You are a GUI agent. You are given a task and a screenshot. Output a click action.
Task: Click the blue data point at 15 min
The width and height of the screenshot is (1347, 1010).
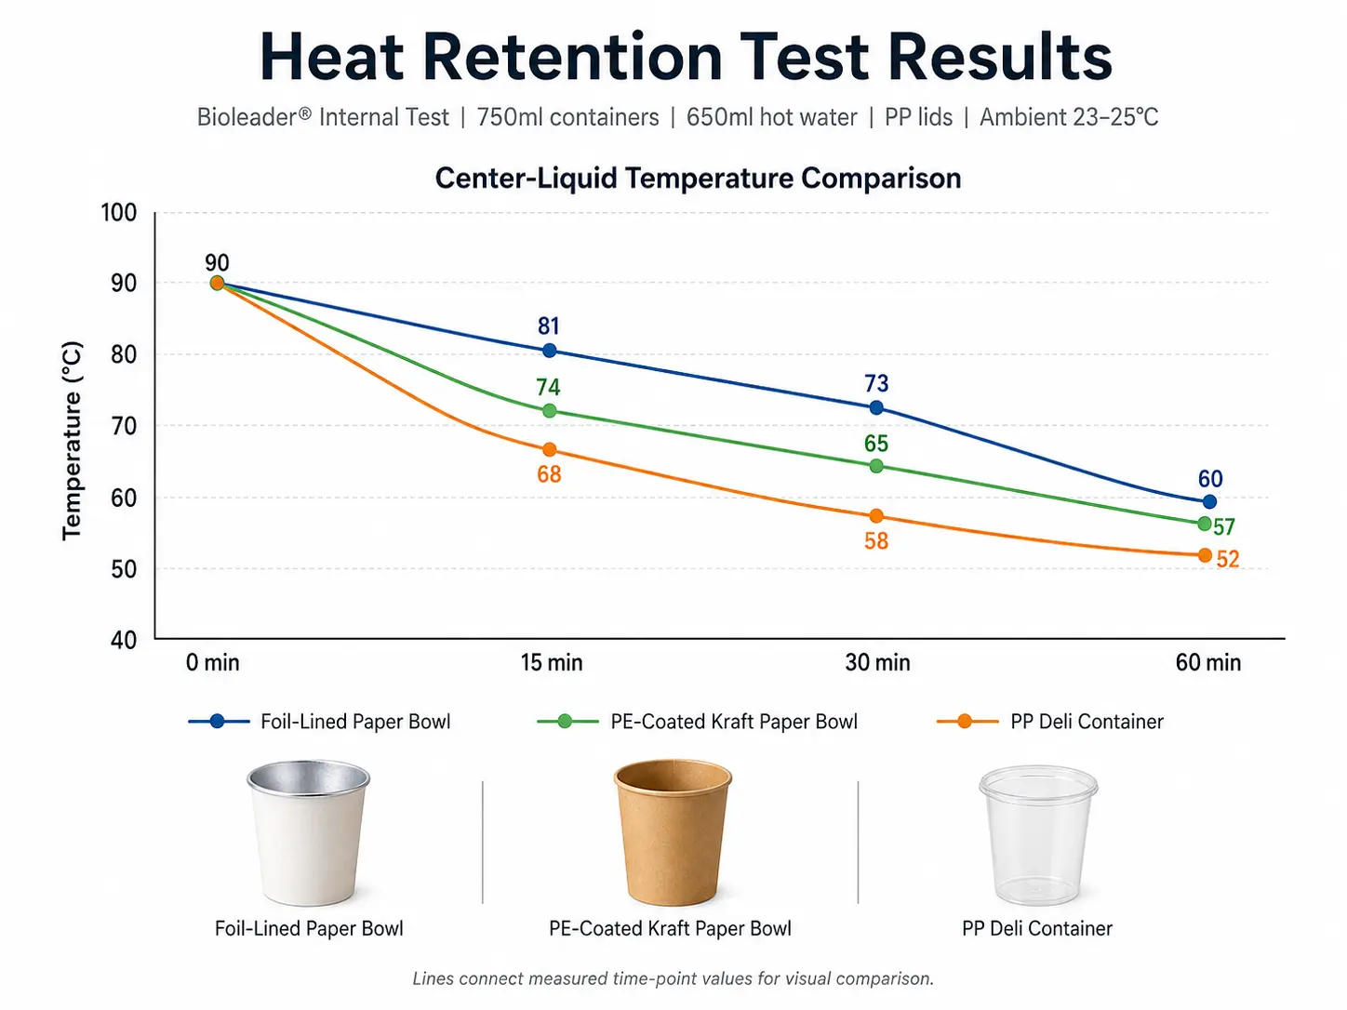549,351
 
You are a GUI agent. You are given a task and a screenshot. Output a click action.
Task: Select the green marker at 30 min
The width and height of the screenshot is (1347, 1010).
876,466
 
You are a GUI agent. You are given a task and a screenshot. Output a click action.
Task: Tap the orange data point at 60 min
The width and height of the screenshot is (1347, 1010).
1204,555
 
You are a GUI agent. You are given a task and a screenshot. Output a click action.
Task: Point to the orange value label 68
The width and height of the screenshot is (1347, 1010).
549,474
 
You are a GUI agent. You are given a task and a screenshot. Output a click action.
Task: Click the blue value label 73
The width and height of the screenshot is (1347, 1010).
875,383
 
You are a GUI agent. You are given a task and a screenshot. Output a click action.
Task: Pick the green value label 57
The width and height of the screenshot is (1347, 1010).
1223,526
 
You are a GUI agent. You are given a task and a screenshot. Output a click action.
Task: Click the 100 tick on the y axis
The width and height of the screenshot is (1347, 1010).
118,213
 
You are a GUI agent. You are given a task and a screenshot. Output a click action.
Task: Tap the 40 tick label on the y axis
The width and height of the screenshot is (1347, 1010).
124,640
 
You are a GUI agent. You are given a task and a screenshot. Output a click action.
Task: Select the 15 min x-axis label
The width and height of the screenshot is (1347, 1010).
551,662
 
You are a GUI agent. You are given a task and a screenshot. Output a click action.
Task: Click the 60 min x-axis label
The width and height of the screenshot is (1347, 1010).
1207,662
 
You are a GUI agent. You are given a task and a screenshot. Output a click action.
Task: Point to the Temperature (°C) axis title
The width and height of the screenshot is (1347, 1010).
72,440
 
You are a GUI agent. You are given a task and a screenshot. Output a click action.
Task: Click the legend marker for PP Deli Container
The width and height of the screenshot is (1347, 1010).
964,721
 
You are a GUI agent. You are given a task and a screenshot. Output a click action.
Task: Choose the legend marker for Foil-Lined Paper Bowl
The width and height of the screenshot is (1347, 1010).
217,721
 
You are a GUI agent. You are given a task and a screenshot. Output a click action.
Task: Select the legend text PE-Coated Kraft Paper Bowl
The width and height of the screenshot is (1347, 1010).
734,722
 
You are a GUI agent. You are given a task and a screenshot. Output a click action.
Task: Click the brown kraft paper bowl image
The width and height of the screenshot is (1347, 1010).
673,832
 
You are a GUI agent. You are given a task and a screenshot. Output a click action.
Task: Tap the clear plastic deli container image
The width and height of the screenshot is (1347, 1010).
1038,834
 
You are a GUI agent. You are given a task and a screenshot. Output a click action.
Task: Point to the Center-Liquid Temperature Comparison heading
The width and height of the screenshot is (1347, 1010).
698,179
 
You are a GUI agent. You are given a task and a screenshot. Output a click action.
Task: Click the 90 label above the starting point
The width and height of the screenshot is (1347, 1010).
217,262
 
